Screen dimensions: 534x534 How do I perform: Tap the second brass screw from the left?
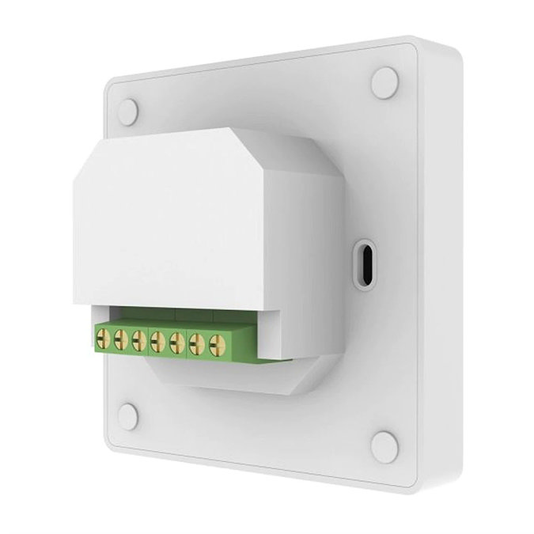[121, 339]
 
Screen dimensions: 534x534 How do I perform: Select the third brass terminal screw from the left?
[139, 341]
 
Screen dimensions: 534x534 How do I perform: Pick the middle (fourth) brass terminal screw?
[158, 343]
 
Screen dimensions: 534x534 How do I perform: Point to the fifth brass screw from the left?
[176, 344]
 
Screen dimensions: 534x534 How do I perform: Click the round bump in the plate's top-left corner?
[129, 110]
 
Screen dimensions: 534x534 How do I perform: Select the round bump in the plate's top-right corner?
[385, 82]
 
